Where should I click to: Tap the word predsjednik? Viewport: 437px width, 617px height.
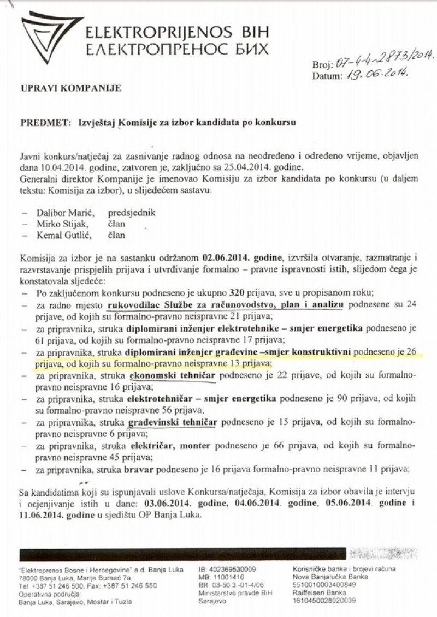(x=132, y=213)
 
